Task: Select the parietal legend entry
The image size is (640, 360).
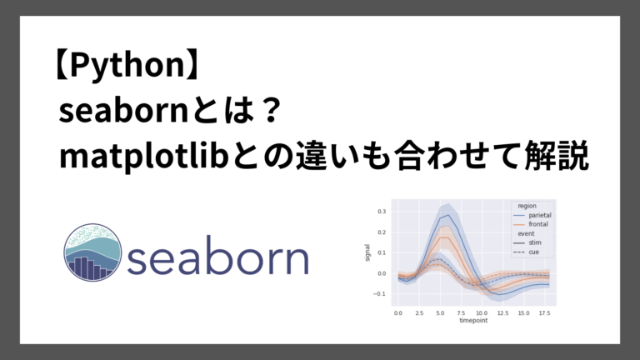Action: (x=540, y=215)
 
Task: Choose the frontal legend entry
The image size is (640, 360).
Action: (x=538, y=224)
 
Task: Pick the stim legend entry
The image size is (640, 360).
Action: (x=535, y=242)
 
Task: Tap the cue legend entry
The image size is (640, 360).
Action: (x=534, y=252)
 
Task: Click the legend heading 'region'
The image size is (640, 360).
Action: (x=527, y=206)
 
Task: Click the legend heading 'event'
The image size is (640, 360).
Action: (x=525, y=233)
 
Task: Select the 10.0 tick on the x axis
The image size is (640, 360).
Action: (x=482, y=312)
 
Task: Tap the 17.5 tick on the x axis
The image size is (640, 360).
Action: (x=543, y=312)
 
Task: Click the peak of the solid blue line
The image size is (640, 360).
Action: (x=450, y=216)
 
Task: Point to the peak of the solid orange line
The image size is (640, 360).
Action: (x=445, y=237)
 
